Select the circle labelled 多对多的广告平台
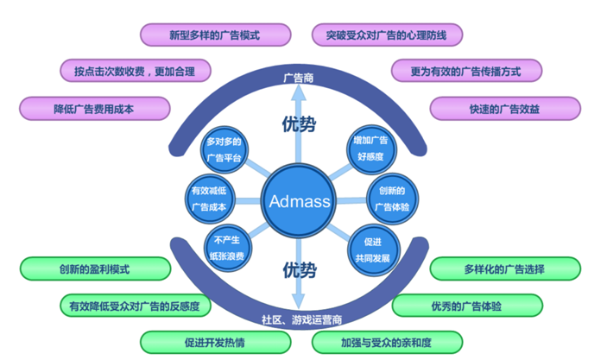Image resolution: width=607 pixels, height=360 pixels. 224,149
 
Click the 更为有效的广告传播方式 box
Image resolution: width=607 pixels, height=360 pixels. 465,70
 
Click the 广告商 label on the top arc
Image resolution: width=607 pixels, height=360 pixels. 297,79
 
